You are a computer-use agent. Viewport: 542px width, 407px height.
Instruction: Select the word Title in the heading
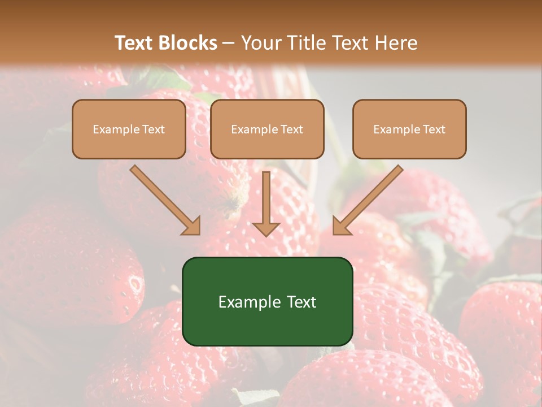tap(305, 43)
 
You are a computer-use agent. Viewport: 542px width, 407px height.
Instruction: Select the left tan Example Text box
tap(129, 129)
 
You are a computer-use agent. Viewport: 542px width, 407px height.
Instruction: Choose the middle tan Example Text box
tap(267, 129)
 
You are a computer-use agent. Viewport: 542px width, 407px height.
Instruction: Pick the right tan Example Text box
tap(409, 129)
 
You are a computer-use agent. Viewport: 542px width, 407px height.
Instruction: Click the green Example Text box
tap(267, 301)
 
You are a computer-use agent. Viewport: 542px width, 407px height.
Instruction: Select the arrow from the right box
tap(369, 200)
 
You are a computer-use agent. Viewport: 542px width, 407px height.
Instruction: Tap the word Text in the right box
tap(434, 129)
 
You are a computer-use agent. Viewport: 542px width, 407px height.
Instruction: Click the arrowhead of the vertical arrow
tap(266, 228)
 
